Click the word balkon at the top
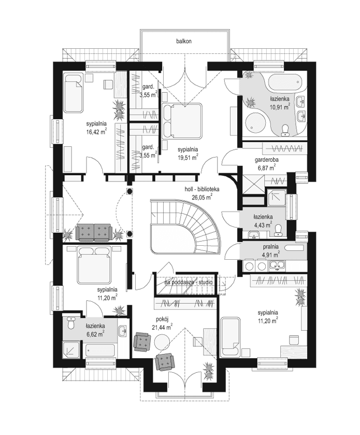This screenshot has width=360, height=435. [184, 41]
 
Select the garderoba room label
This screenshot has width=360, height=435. [266, 161]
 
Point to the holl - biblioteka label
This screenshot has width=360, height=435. [202, 190]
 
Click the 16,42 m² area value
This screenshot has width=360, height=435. [96, 132]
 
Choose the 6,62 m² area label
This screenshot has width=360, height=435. [96, 334]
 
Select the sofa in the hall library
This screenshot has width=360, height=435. [94, 233]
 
